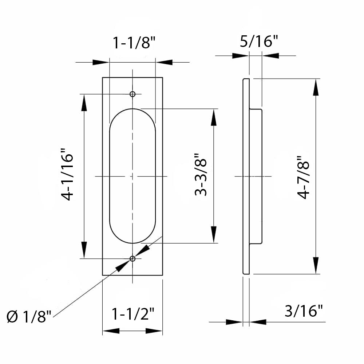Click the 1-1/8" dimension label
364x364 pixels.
[134, 43]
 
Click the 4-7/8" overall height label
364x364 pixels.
[303, 177]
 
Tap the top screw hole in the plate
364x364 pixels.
[132, 94]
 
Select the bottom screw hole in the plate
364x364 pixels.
[132, 258]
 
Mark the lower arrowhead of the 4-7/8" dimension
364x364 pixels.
[316, 265]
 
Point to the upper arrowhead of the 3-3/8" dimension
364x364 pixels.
[214, 117]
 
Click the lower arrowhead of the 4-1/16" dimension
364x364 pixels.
[84, 249]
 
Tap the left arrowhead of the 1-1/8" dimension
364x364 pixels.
[101, 62]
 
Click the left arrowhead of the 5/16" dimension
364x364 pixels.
[240, 56]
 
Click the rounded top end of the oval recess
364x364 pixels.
[132, 110]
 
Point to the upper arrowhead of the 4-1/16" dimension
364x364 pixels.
[84, 103]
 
